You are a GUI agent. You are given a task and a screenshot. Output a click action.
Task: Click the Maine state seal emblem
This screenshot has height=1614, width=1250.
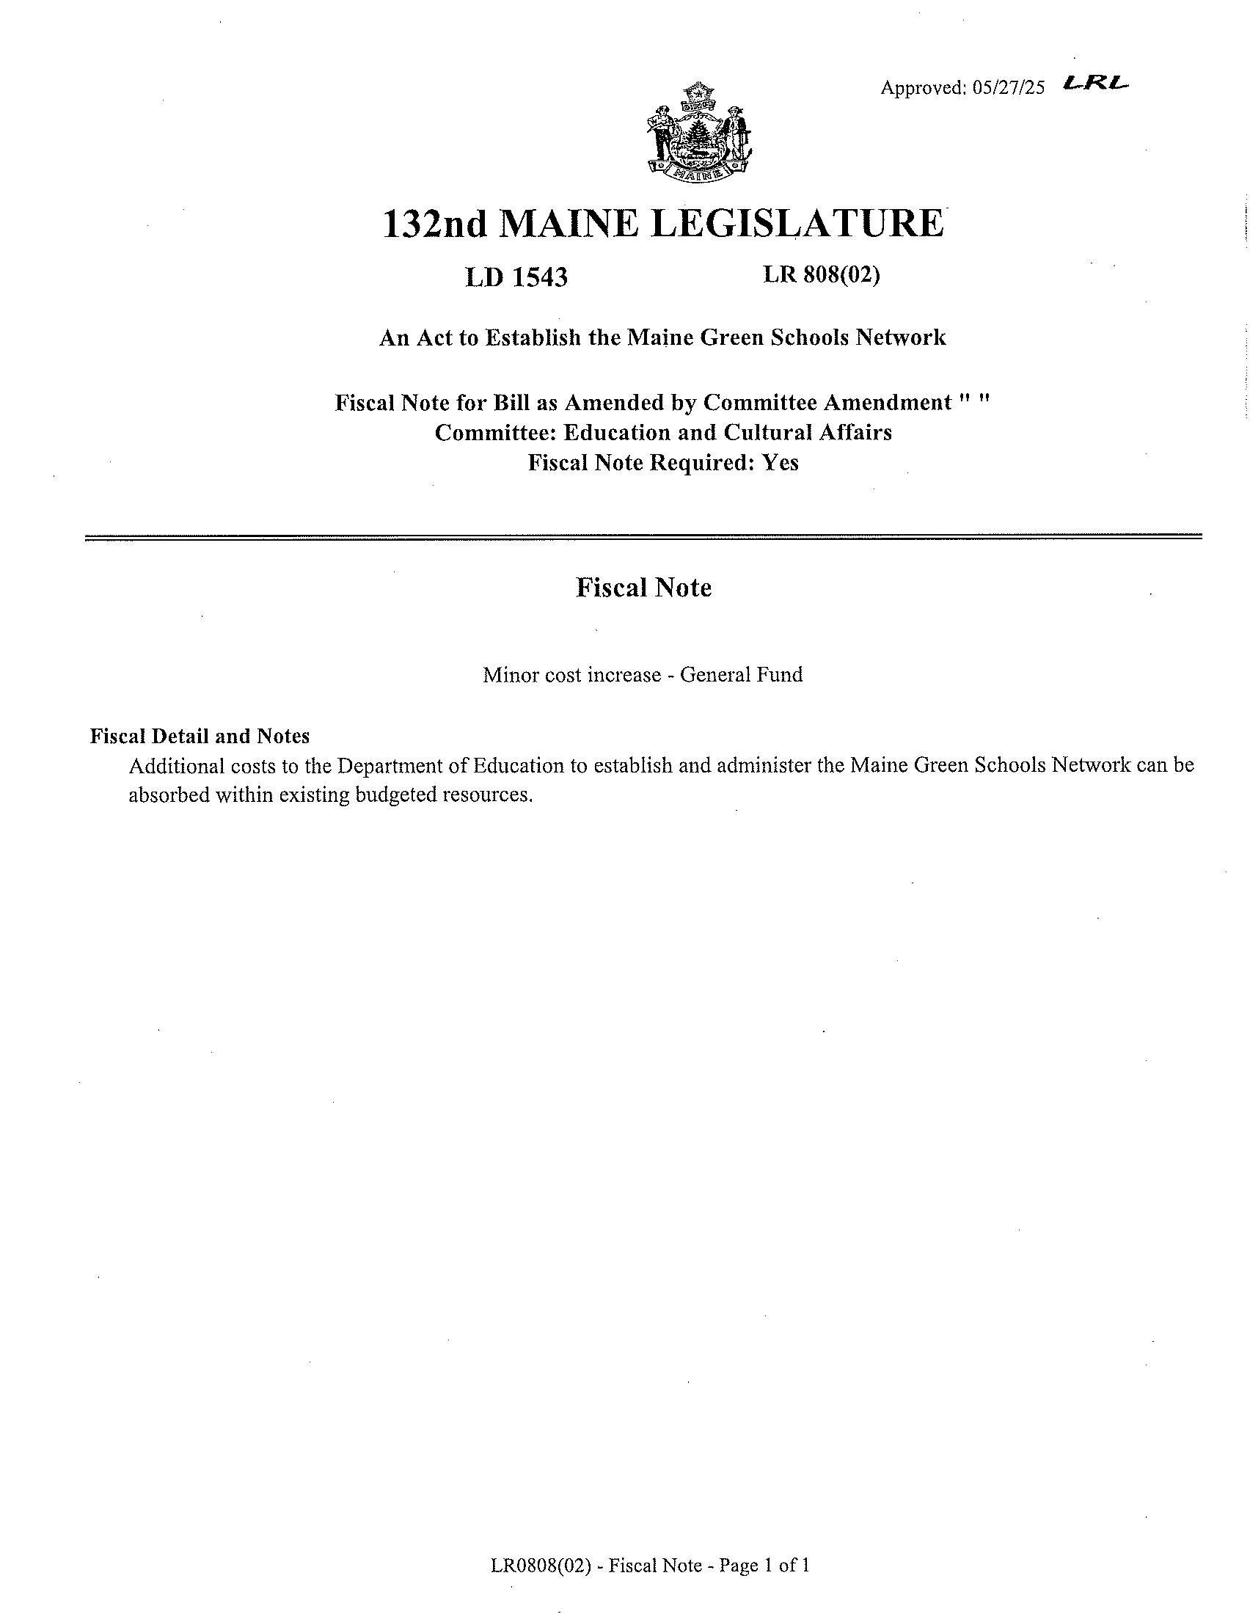click(698, 134)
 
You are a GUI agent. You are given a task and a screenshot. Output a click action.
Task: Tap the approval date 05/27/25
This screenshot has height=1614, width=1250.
click(1009, 88)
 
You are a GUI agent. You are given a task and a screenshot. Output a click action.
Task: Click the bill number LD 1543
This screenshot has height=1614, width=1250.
click(516, 277)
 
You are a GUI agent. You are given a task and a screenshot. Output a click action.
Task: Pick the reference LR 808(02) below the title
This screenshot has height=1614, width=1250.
click(822, 275)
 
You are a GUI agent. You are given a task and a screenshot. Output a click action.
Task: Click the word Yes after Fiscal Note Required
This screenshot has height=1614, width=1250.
click(780, 463)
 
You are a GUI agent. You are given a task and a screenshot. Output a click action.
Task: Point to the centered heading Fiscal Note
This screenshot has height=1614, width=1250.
click(643, 588)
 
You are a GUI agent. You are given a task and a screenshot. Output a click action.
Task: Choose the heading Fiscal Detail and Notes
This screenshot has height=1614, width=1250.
click(200, 736)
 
